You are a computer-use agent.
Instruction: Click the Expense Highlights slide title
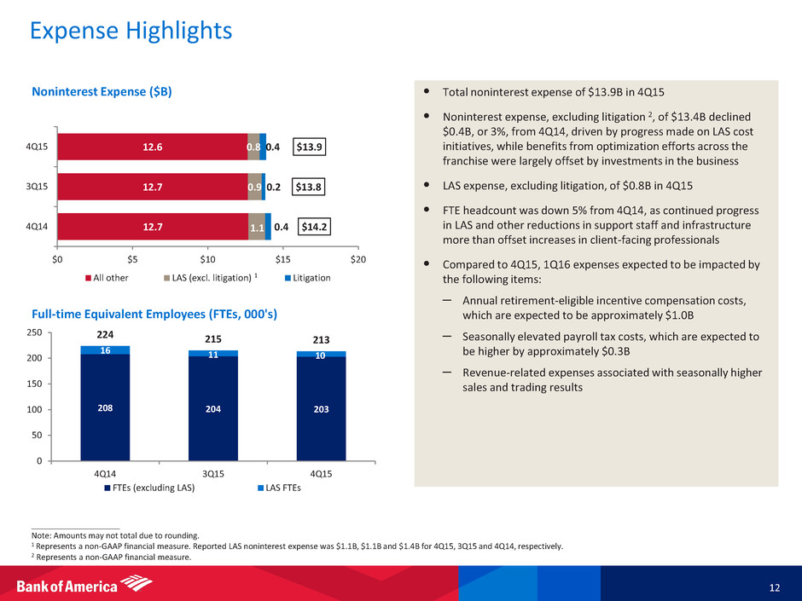click(x=131, y=32)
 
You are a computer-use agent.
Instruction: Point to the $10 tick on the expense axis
click(x=207, y=259)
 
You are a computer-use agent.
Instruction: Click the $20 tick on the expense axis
click(x=358, y=259)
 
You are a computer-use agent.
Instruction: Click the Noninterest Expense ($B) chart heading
click(x=103, y=91)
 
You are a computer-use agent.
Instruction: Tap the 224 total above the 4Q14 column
click(x=104, y=335)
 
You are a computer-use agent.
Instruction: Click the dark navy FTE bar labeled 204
click(x=212, y=407)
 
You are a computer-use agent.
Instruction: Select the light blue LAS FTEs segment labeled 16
click(x=105, y=350)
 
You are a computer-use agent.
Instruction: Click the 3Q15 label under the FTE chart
click(x=212, y=471)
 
